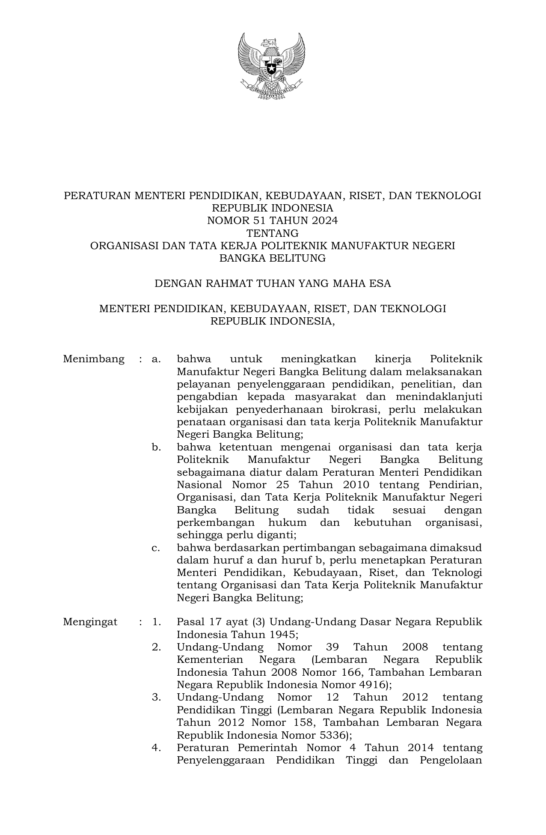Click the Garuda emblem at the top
tap(272, 66)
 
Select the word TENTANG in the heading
tap(273, 233)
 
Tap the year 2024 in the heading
tap(324, 221)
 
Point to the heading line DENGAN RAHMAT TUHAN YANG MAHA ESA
tap(273, 283)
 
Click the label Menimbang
tap(94, 359)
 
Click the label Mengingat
tap(90, 622)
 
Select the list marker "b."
tap(156, 447)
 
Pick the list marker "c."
tap(156, 548)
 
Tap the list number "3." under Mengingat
tap(156, 698)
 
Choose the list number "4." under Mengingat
tap(156, 748)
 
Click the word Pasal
tap(190, 622)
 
